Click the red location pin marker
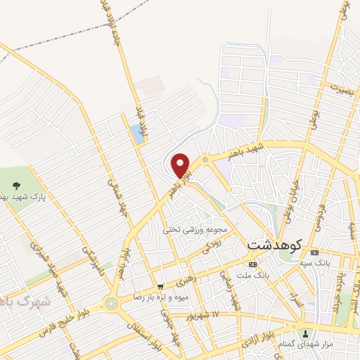point(181,165)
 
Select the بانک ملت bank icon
point(252,264)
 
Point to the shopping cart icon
point(161,286)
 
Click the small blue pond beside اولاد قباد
point(136,134)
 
